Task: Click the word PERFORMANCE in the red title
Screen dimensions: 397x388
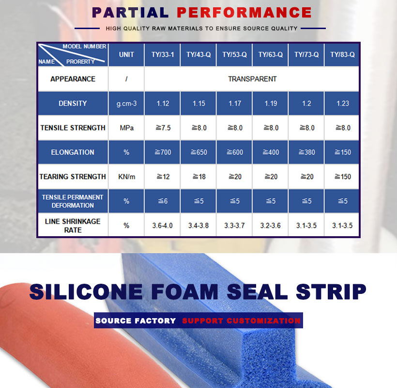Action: pos(244,13)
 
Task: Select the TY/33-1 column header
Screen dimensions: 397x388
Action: pos(163,55)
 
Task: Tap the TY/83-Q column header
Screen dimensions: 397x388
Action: pos(342,55)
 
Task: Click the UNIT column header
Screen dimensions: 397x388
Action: pos(126,55)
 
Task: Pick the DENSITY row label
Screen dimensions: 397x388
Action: pos(73,103)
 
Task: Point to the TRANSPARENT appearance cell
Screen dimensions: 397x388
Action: pos(252,79)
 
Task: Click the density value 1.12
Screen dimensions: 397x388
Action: pos(163,103)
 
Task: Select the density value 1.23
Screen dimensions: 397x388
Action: pos(343,103)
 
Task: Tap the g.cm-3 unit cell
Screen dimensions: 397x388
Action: pos(126,104)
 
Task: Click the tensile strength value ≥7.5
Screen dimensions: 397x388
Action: pos(163,128)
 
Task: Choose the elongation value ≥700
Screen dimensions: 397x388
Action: pos(163,152)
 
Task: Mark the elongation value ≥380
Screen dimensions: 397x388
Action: pos(307,152)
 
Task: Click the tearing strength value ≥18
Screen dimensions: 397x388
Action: pos(199,177)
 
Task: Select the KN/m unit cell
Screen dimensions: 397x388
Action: pos(126,177)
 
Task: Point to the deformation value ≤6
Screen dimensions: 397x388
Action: pos(163,201)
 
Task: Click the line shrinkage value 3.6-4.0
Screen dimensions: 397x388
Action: pos(162,226)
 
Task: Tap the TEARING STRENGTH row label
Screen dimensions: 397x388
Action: pos(73,177)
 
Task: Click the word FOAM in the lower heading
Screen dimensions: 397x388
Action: pos(185,291)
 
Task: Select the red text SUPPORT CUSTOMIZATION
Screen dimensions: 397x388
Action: pos(241,321)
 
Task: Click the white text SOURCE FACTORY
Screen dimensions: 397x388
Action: pos(136,321)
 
